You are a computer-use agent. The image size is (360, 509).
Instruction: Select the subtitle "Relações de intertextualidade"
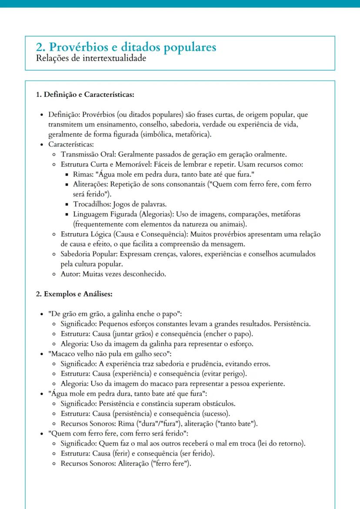coord(85,59)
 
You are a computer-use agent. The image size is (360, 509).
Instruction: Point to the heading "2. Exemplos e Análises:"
coord(74,294)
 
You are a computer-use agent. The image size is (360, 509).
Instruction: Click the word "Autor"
coord(70,274)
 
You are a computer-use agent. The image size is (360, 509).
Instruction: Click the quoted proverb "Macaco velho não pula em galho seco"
coord(110,354)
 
